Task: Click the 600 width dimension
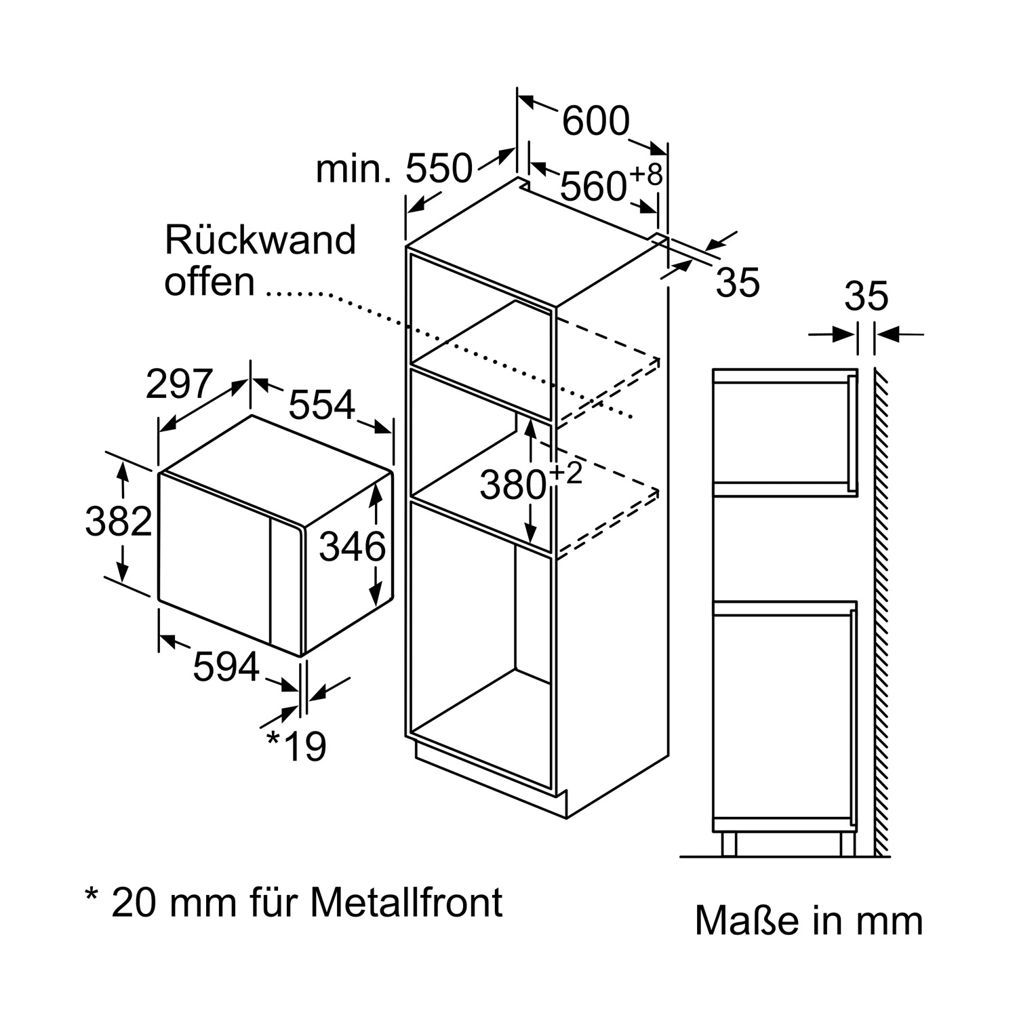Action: pyautogui.click(x=596, y=122)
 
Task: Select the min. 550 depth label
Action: pyautogui.click(x=393, y=169)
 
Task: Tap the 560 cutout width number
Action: pyautogui.click(x=593, y=186)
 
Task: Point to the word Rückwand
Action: pyautogui.click(x=260, y=240)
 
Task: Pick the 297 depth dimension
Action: pyautogui.click(x=180, y=384)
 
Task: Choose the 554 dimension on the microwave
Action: pyautogui.click(x=322, y=405)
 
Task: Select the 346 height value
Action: pyautogui.click(x=352, y=546)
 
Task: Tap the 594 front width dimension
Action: pyautogui.click(x=226, y=666)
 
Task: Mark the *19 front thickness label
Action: pyautogui.click(x=297, y=746)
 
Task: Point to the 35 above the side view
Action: pyautogui.click(x=866, y=296)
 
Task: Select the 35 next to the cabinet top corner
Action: pyautogui.click(x=738, y=282)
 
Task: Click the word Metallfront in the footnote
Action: pyautogui.click(x=407, y=902)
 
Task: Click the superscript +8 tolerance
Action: pyautogui.click(x=646, y=174)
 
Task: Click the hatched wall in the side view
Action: pyautogui.click(x=881, y=610)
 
